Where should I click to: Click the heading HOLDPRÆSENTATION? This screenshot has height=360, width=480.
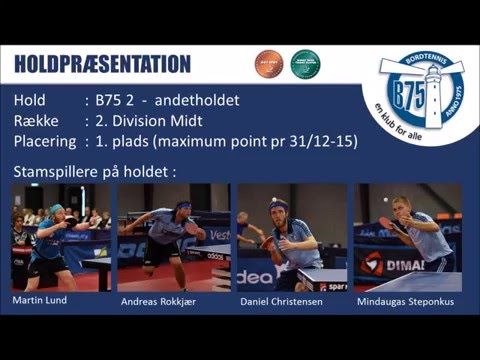pyautogui.click(x=102, y=65)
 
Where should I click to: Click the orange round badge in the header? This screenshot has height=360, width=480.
pyautogui.click(x=268, y=64)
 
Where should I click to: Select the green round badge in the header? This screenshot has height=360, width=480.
pyautogui.click(x=304, y=64)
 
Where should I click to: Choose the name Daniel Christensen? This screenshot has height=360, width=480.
pyautogui.click(x=280, y=301)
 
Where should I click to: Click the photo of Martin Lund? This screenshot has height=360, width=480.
pyautogui.click(x=60, y=236)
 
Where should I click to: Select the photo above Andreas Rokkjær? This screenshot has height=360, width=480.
pyautogui.click(x=173, y=236)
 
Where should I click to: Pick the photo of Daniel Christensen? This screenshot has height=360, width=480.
pyautogui.click(x=291, y=236)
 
